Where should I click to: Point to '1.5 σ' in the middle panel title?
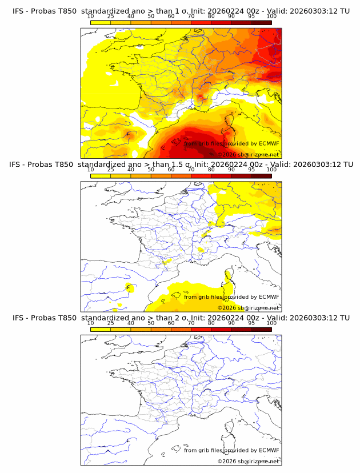tap(187, 165)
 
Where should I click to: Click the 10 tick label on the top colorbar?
tap(90, 16)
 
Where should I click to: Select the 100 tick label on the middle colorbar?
tap(271, 170)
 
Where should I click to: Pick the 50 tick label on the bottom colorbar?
tap(151, 323)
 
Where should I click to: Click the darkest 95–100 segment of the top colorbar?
tap(261, 22)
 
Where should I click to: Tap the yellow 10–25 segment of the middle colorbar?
tap(101, 176)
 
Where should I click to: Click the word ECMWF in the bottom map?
tap(269, 450)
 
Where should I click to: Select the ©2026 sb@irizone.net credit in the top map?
tap(248, 154)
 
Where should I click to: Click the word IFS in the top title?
tap(18, 11)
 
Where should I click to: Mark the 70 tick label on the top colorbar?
tap(191, 16)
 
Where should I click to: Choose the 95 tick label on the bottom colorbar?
tap(251, 323)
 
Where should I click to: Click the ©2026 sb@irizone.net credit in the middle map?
tap(248, 307)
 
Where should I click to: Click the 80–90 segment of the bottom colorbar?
tap(221, 329)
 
